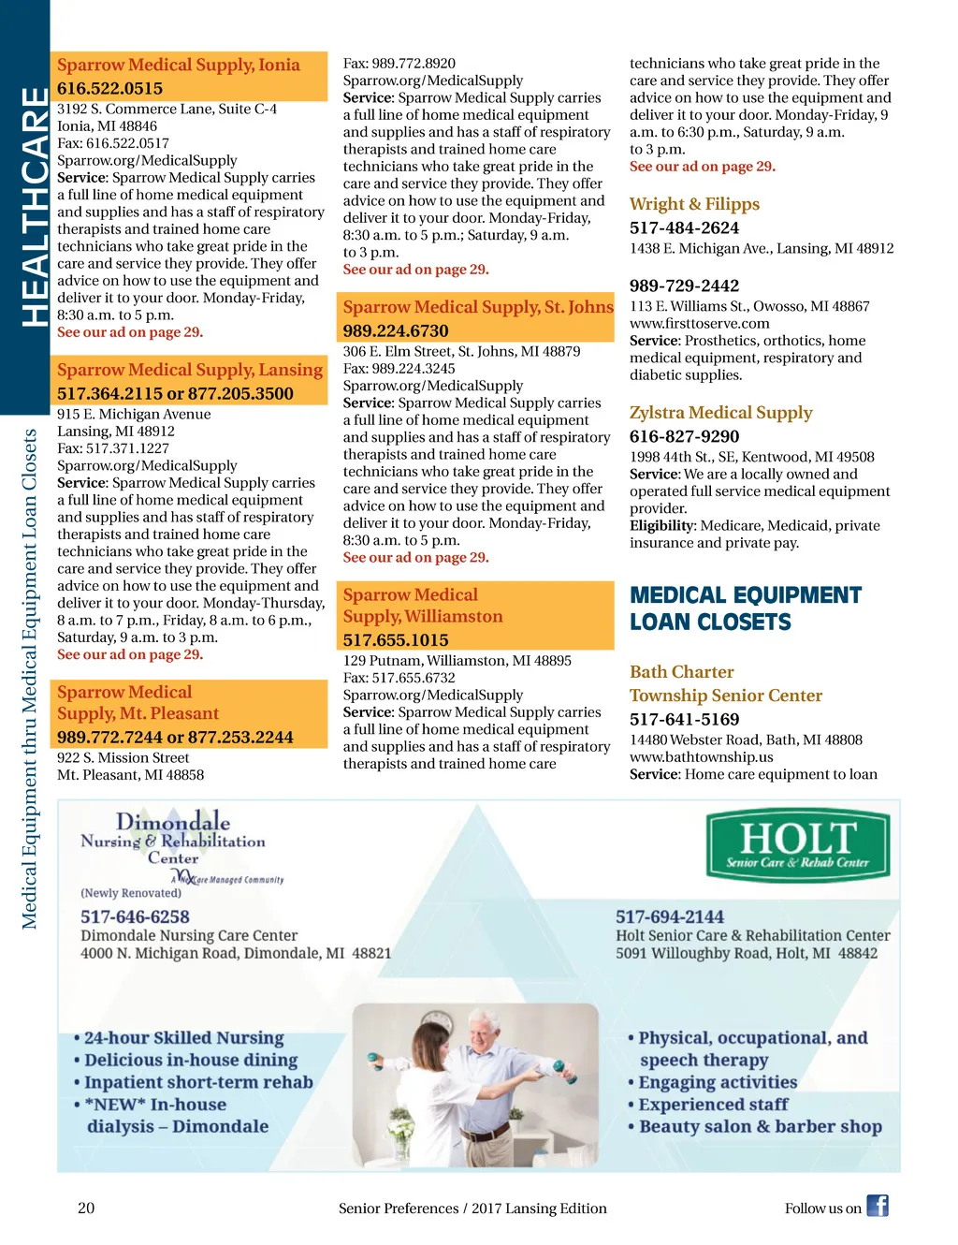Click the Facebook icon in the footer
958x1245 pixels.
click(877, 1206)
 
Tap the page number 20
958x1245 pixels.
click(86, 1208)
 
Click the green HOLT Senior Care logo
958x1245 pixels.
click(798, 846)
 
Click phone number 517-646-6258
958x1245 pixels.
click(135, 916)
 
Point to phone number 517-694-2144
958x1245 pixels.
click(670, 916)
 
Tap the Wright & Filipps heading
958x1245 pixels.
click(694, 204)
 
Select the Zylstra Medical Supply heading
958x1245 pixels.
click(720, 413)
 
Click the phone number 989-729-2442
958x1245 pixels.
click(684, 286)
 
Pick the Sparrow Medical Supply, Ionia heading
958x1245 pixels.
click(179, 65)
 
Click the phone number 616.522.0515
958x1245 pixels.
click(109, 88)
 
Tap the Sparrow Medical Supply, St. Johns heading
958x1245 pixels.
click(478, 307)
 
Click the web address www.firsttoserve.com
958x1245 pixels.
click(699, 323)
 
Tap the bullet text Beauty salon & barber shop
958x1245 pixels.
click(760, 1126)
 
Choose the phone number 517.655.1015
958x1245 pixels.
click(396, 640)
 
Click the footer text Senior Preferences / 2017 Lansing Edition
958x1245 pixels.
click(472, 1208)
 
